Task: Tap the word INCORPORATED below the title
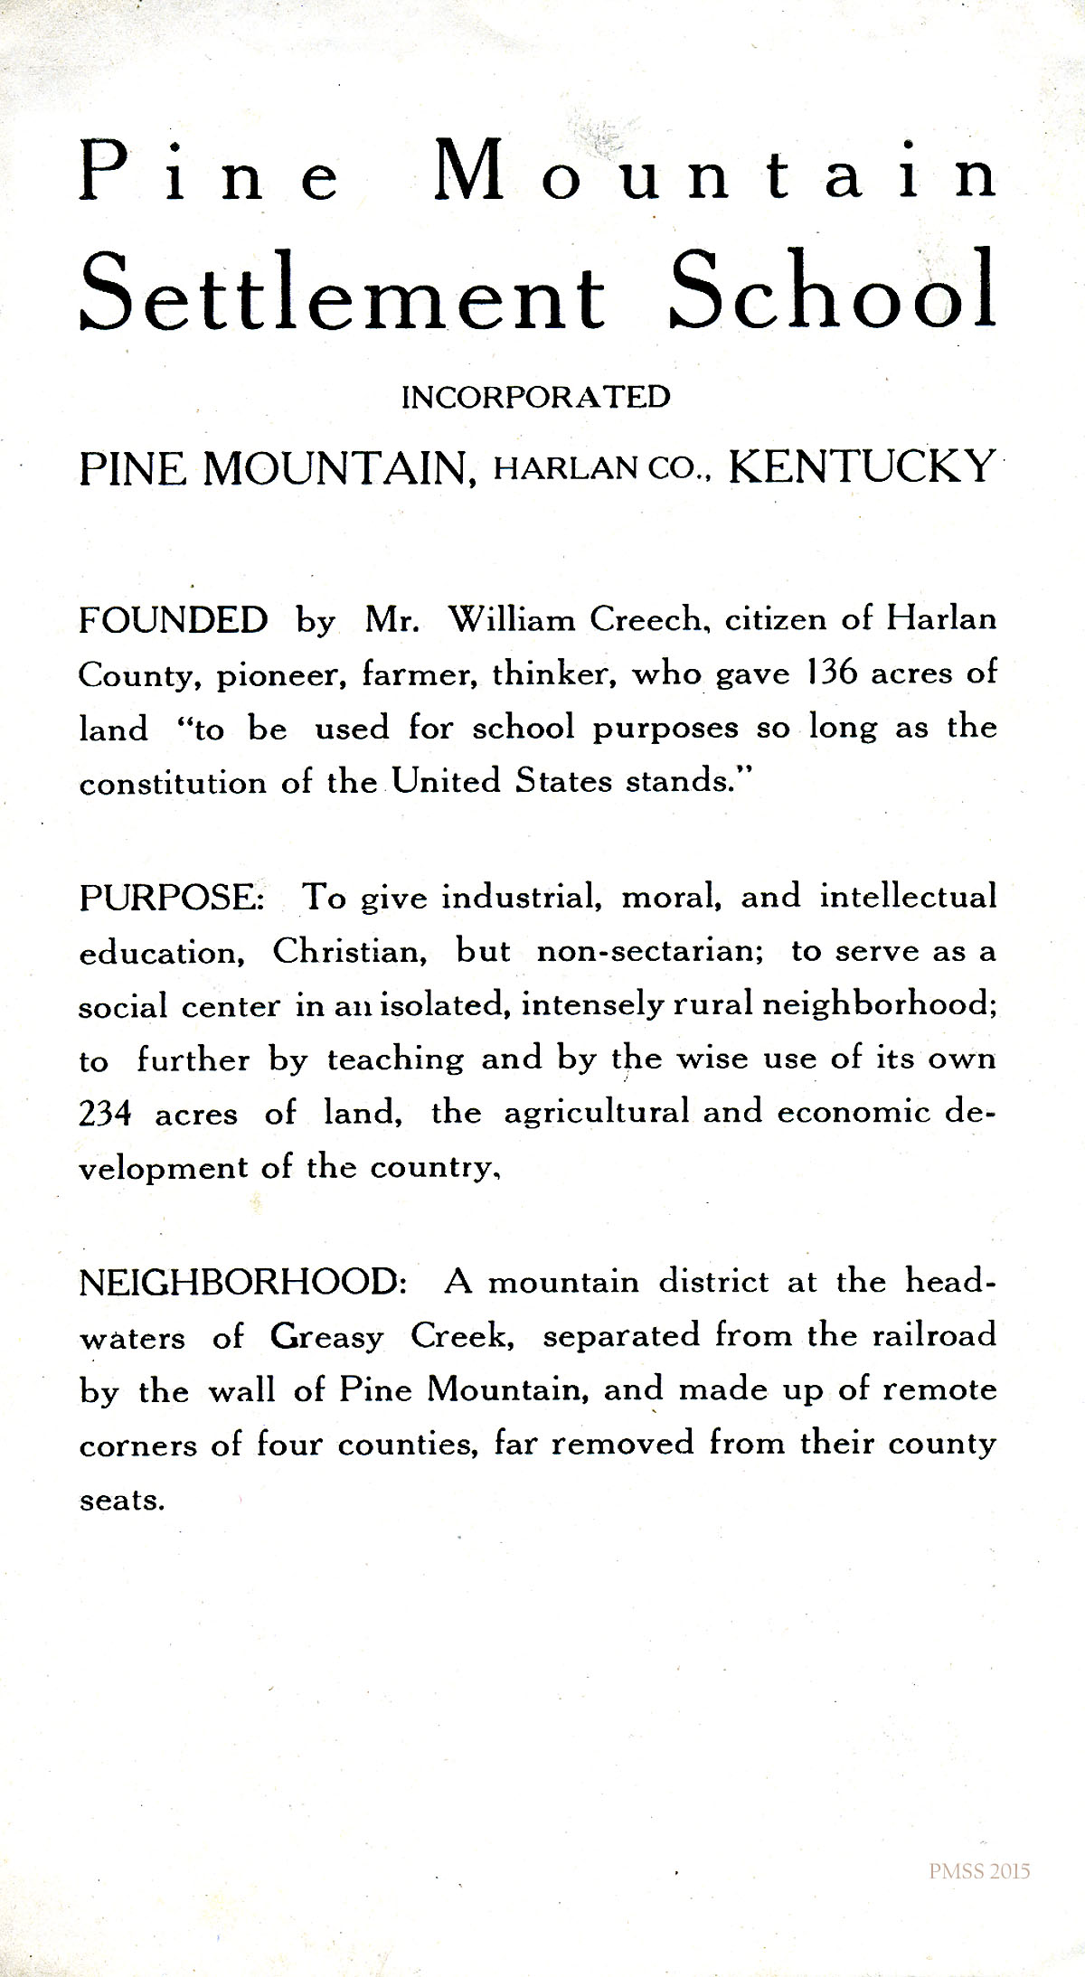pyautogui.click(x=536, y=398)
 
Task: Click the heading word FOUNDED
pyautogui.click(x=174, y=620)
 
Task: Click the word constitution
pyautogui.click(x=172, y=782)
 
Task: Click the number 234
pyautogui.click(x=106, y=1114)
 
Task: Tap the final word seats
pyautogui.click(x=121, y=1501)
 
